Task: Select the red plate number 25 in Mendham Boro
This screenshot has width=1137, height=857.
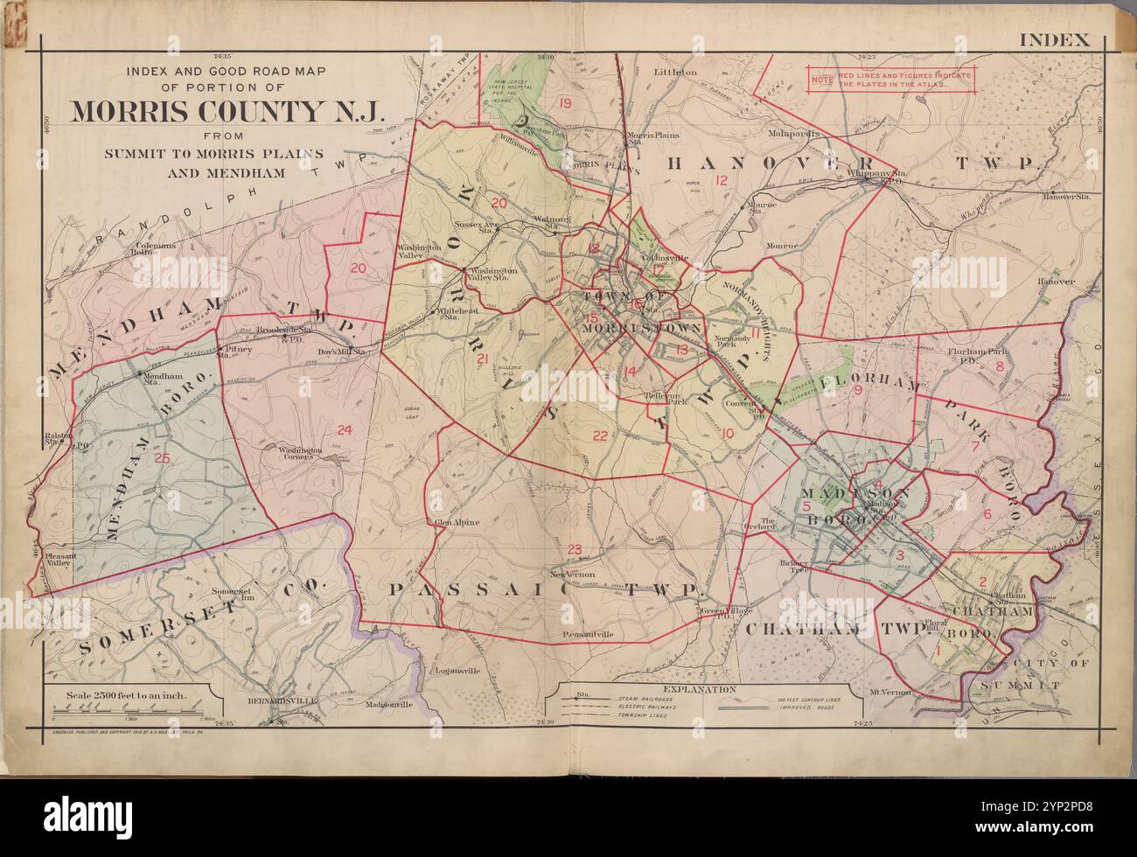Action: tap(161, 458)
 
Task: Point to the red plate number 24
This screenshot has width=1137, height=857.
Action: tap(344, 429)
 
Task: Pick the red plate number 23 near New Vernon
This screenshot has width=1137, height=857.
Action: tap(574, 549)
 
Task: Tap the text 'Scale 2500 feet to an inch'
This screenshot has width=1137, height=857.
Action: tap(128, 697)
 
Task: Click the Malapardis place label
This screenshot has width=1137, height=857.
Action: tap(793, 136)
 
